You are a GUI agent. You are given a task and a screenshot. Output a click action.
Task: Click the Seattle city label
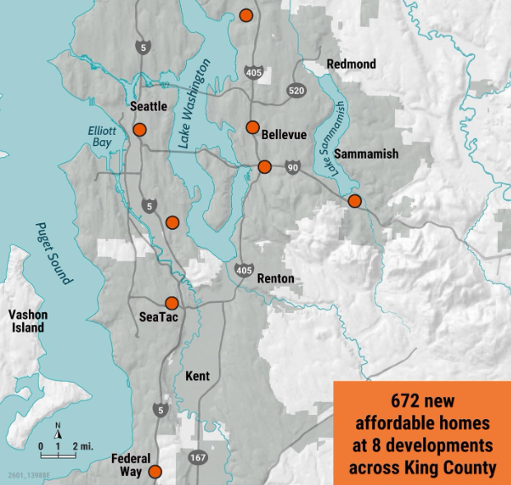click(x=148, y=106)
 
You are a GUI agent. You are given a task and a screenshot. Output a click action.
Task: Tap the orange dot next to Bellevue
click(x=253, y=127)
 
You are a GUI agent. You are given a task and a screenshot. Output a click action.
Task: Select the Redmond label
click(x=351, y=64)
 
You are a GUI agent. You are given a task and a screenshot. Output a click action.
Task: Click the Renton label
click(x=275, y=278)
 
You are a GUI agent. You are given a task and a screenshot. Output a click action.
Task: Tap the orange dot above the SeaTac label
click(x=171, y=302)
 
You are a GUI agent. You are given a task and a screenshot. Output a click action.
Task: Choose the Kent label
click(x=197, y=376)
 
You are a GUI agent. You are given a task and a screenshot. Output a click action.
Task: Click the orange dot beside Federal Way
click(x=154, y=472)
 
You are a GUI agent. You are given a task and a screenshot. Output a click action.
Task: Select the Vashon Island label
click(x=28, y=321)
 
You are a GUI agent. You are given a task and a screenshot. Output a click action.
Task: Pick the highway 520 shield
click(x=297, y=89)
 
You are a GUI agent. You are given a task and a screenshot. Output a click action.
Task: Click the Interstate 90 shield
click(x=295, y=168)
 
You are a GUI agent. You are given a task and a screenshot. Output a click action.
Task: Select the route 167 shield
click(x=197, y=455)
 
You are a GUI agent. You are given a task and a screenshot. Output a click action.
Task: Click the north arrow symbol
click(x=58, y=429)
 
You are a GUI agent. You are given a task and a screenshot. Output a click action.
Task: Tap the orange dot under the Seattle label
click(x=139, y=129)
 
